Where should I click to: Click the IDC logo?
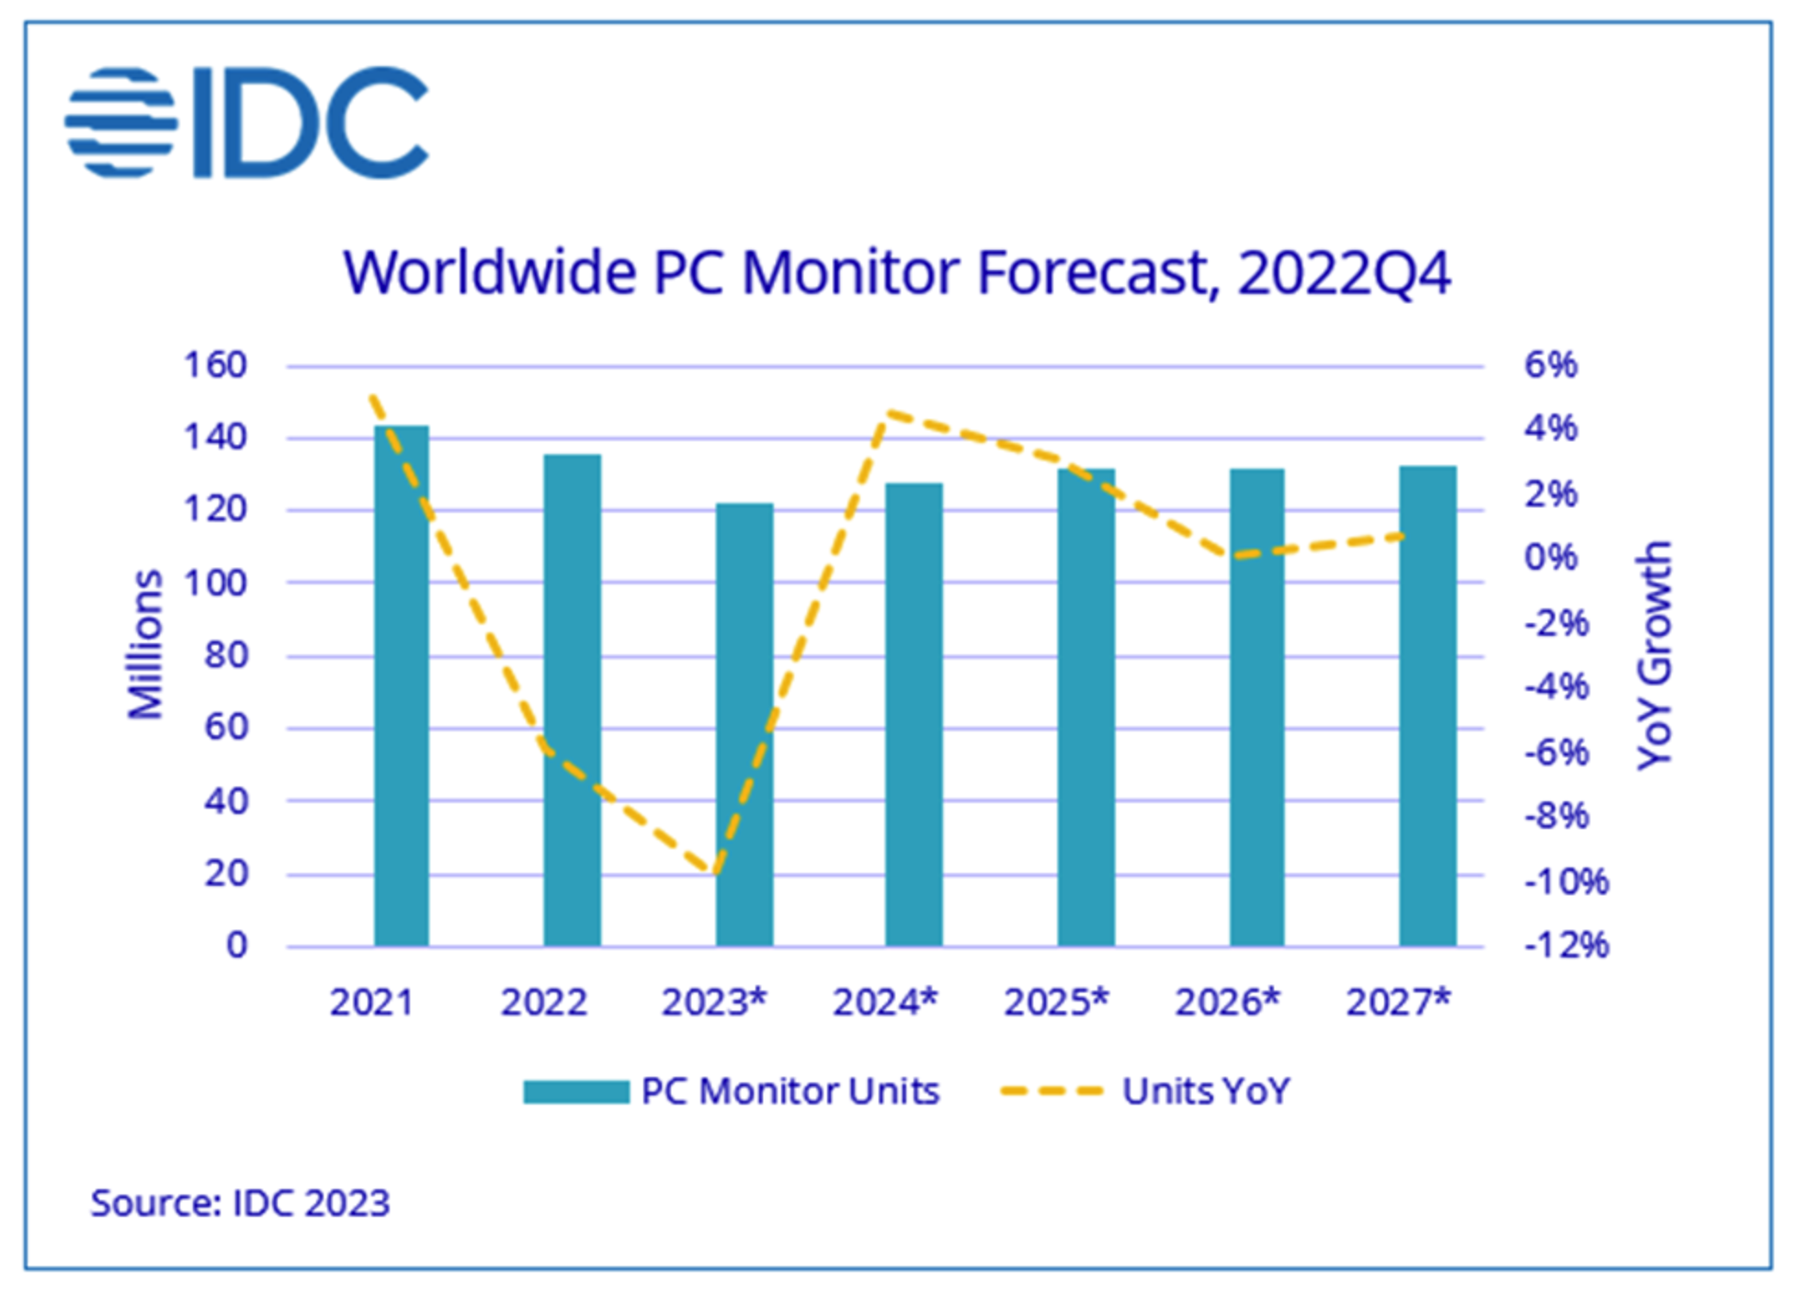pyautogui.click(x=246, y=122)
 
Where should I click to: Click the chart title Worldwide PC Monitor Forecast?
pyautogui.click(x=896, y=273)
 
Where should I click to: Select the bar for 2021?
pyautogui.click(x=401, y=686)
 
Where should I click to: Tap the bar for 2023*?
pyautogui.click(x=745, y=724)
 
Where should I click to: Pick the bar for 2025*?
pyautogui.click(x=1086, y=708)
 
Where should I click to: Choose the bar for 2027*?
pyautogui.click(x=1427, y=706)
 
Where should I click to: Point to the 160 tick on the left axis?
pyautogui.click(x=216, y=366)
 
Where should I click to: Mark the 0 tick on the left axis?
pyautogui.click(x=237, y=945)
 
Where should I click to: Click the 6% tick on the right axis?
pyautogui.click(x=1551, y=366)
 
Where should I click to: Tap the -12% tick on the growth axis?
pyautogui.click(x=1566, y=945)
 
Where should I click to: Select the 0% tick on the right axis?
pyautogui.click(x=1551, y=557)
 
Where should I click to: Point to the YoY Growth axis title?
pyautogui.click(x=1654, y=654)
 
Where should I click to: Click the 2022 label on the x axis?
pyautogui.click(x=543, y=1003)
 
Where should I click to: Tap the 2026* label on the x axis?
pyautogui.click(x=1227, y=1003)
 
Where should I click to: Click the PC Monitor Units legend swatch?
pyautogui.click(x=575, y=1092)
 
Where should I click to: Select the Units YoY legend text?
pyautogui.click(x=1206, y=1092)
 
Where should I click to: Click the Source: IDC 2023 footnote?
pyautogui.click(x=240, y=1203)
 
